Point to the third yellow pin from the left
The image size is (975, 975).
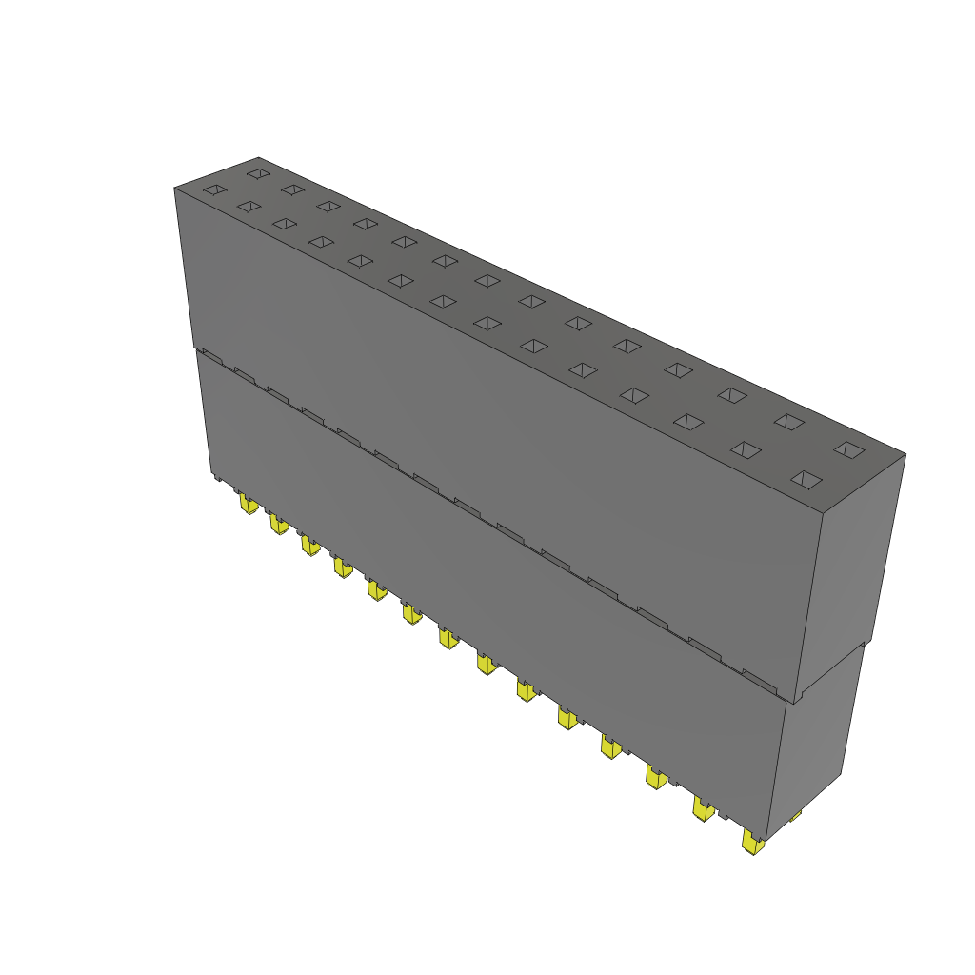[x=309, y=545]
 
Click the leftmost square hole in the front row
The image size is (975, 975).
[x=215, y=190]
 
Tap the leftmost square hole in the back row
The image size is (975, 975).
[x=257, y=173]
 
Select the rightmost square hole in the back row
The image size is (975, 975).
[x=847, y=448]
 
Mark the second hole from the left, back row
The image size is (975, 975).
[x=292, y=189]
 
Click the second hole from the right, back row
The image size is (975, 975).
[x=787, y=420]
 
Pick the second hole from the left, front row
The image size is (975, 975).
[x=249, y=207]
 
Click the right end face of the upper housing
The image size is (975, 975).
[x=852, y=571]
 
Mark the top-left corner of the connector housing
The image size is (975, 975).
[x=175, y=189]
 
